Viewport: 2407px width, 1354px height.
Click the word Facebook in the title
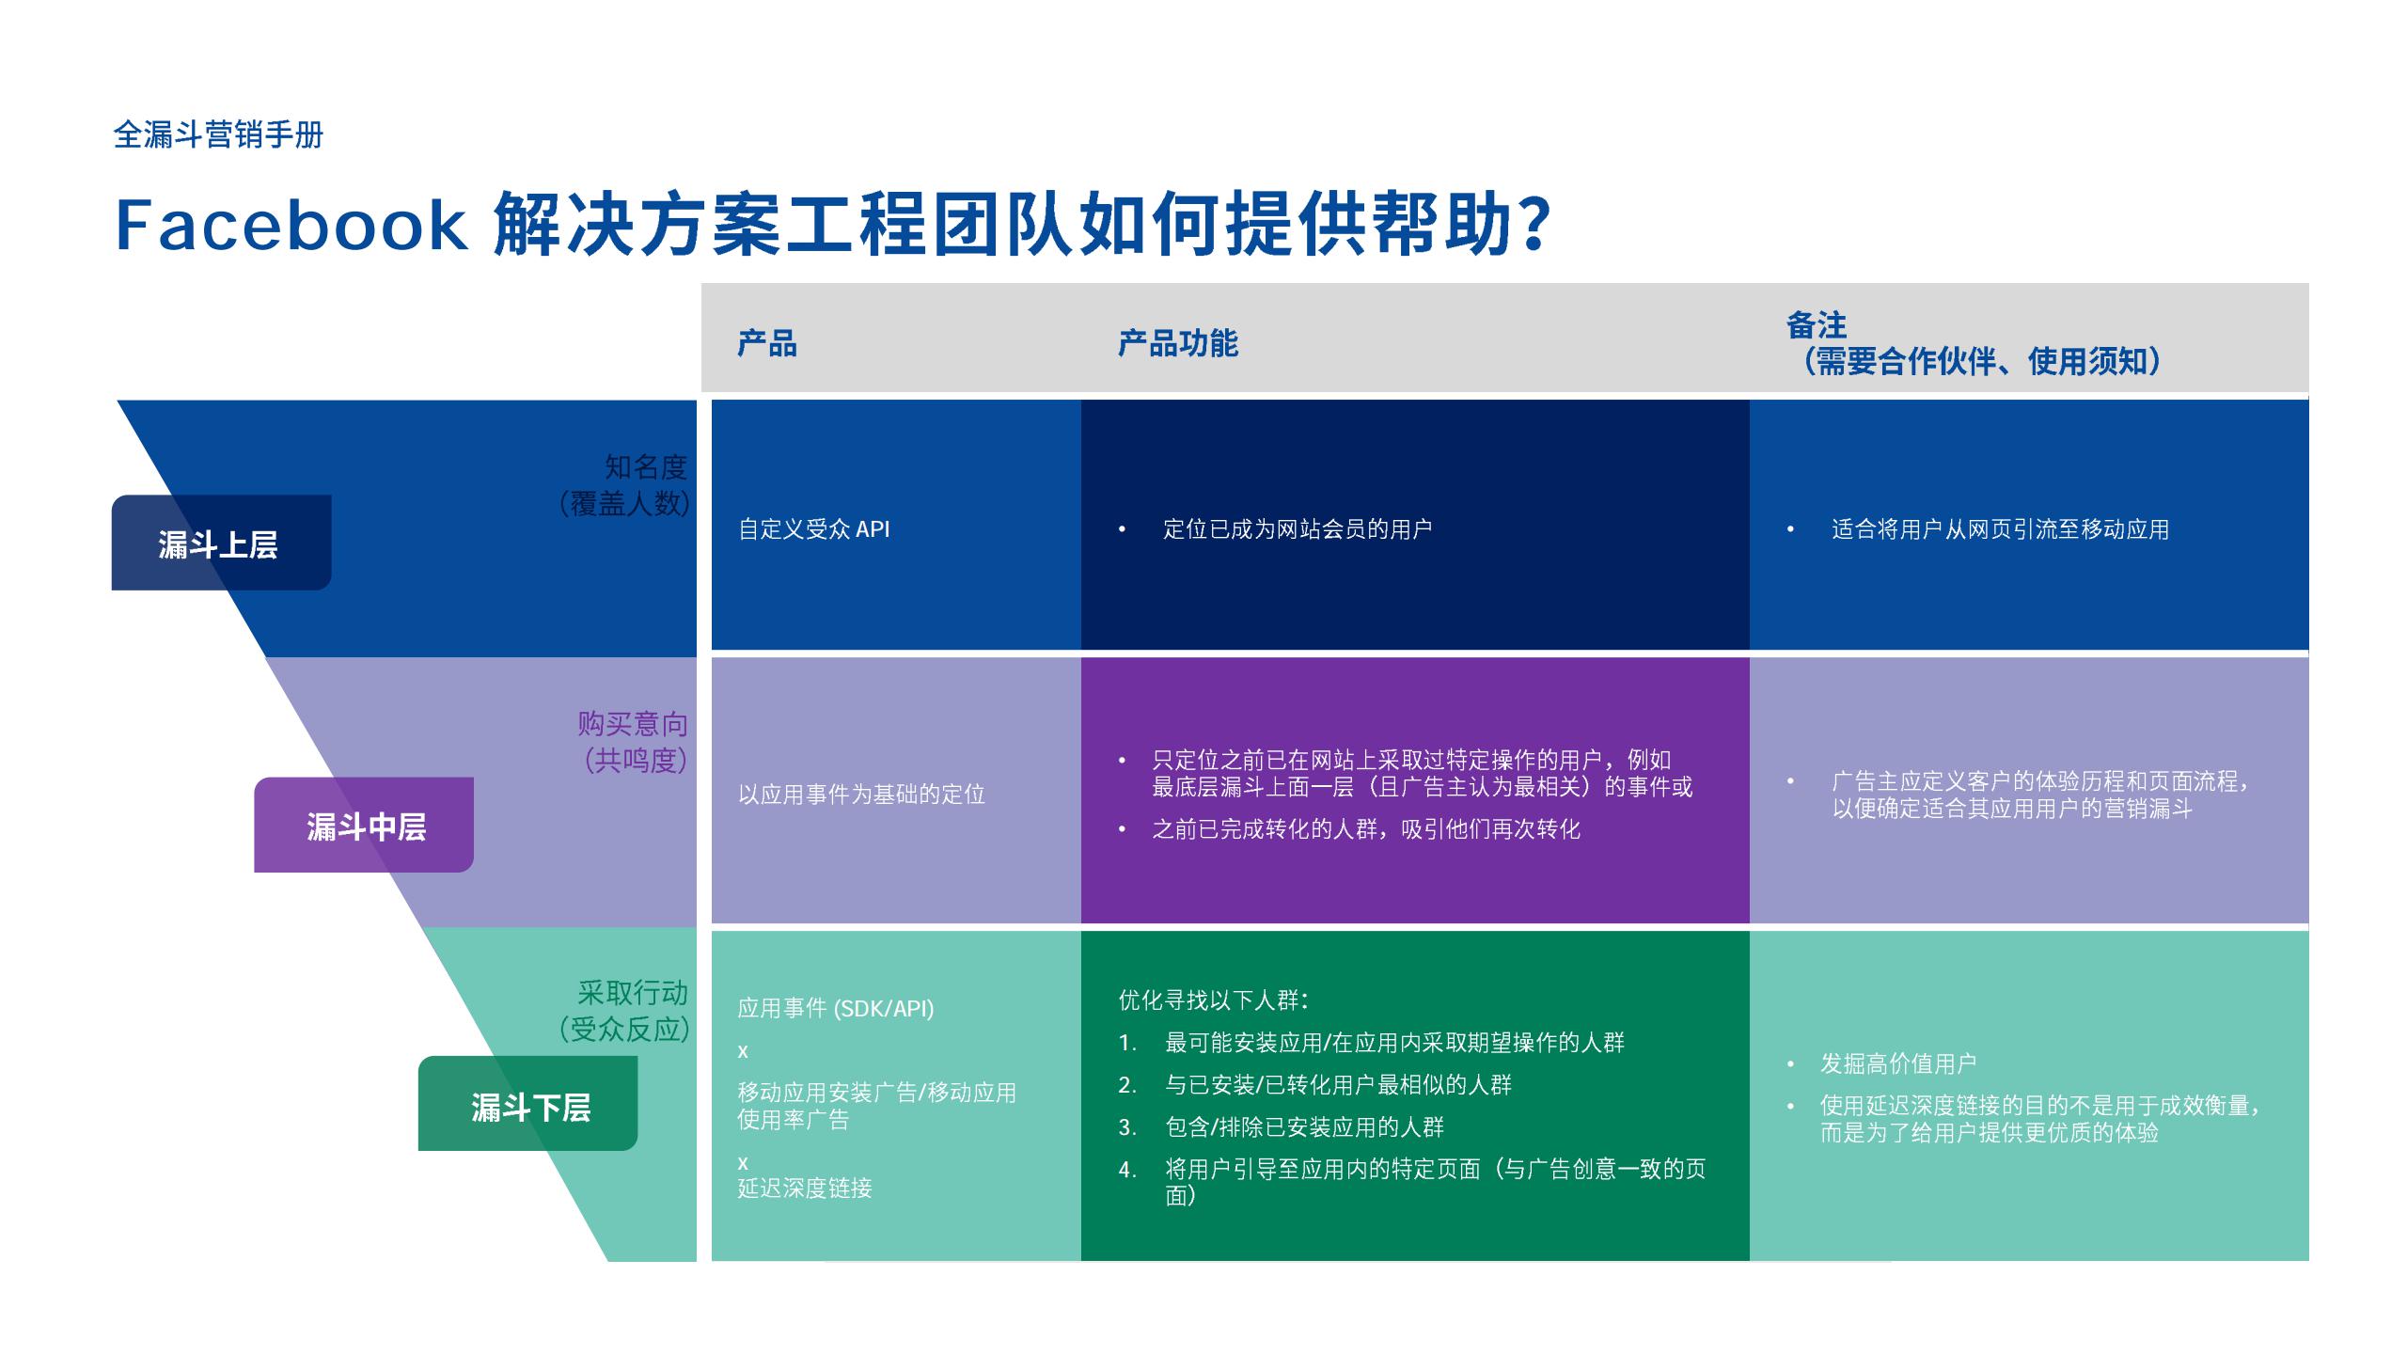tap(291, 226)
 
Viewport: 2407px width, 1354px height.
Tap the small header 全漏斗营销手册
tap(218, 134)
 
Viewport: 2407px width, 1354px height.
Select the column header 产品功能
tap(1177, 343)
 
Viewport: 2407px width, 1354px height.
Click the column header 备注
tap(1816, 325)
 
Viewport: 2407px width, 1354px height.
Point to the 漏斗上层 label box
tap(220, 543)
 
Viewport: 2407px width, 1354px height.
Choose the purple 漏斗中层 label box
tap(365, 826)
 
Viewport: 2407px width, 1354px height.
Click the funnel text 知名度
tap(645, 466)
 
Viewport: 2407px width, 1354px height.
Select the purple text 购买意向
tap(632, 723)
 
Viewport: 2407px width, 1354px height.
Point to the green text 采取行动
tap(632, 992)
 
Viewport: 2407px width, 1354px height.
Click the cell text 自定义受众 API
tap(813, 529)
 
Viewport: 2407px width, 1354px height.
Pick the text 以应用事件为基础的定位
tap(861, 795)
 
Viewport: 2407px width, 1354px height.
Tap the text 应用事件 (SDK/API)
tap(835, 1008)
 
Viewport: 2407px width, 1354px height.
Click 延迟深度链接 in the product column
tap(804, 1188)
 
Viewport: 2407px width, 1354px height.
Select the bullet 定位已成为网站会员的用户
tap(1297, 529)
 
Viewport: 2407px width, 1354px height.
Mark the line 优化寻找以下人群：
tap(1214, 1000)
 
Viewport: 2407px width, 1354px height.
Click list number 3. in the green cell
tap(1127, 1127)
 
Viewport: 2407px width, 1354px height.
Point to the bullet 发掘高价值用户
tap(1897, 1063)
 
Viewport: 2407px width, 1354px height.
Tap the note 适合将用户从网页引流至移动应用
tap(2000, 529)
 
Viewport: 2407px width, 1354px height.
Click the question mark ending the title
tap(1534, 226)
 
